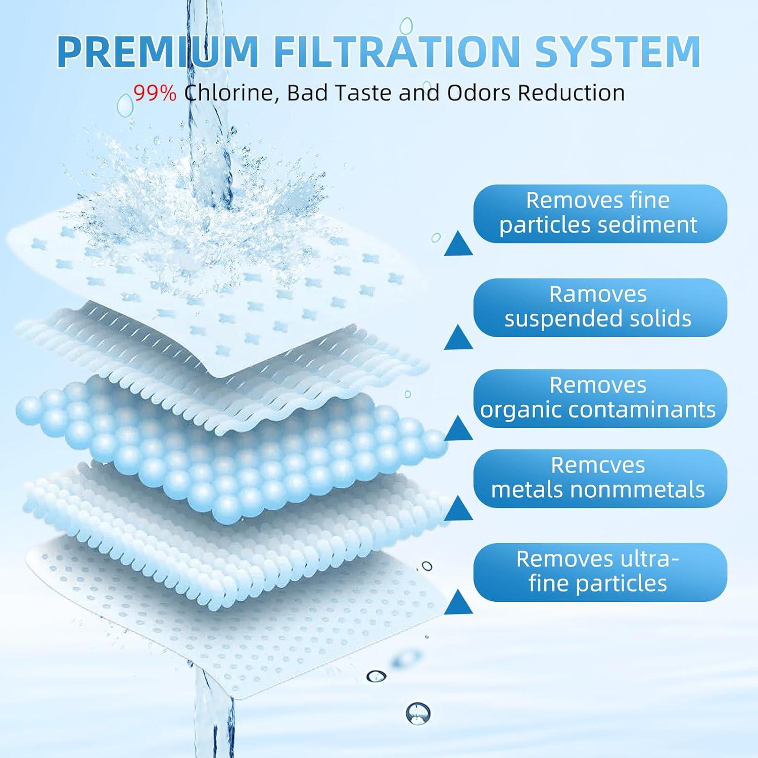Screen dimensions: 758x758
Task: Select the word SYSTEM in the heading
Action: coord(618,51)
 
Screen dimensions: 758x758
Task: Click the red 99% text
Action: coord(155,93)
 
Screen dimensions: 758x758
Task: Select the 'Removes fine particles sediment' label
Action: coord(600,213)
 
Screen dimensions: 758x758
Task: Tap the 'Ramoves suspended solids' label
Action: coord(600,307)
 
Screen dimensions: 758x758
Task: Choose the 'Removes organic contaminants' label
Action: coord(600,398)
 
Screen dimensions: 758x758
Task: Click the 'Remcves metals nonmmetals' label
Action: coord(600,478)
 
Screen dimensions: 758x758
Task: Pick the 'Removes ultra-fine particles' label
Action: coord(600,572)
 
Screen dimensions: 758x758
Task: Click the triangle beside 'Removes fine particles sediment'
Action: coord(458,245)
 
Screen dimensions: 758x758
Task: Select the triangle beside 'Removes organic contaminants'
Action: coord(458,430)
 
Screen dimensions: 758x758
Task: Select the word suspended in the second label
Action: coord(558,319)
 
